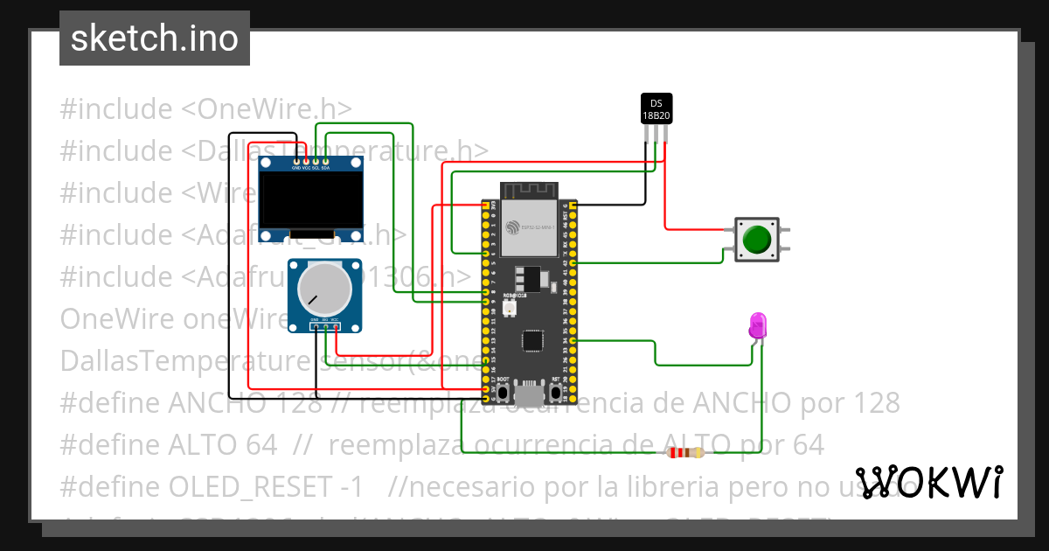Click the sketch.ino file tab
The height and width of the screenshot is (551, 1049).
pos(155,38)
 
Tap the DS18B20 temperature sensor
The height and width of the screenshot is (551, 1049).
pos(656,108)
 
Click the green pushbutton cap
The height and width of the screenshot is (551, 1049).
pos(757,239)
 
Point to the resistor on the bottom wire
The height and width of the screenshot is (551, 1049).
pos(685,452)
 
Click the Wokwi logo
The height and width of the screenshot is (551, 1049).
pos(928,481)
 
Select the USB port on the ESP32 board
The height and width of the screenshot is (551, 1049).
pos(530,395)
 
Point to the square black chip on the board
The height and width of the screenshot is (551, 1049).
pos(531,339)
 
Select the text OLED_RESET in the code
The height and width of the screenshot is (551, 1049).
pos(288,487)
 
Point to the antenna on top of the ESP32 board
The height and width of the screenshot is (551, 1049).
pos(529,190)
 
